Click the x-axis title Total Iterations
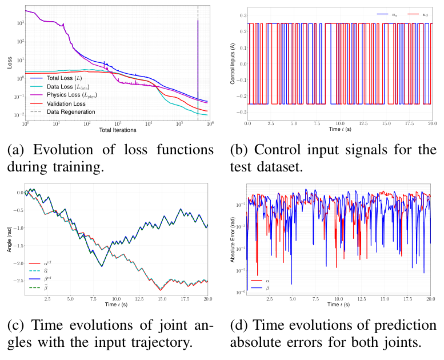(x=117, y=131)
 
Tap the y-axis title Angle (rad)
(x=9, y=241)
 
